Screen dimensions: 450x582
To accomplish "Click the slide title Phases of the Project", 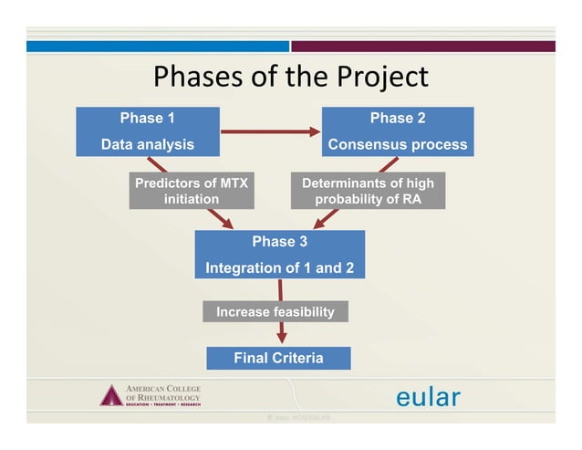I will click(x=290, y=77).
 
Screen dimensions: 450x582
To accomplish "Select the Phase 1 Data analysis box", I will click(x=147, y=131).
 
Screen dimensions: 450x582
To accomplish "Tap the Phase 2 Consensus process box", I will click(x=397, y=131).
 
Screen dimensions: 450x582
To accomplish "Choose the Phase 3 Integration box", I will click(x=279, y=255).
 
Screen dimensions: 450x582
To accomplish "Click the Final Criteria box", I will click(x=278, y=358).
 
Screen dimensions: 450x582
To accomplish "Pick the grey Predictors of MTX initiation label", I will click(x=191, y=191).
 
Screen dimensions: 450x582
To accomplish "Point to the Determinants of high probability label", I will click(x=368, y=191).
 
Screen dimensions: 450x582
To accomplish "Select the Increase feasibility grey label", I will click(x=275, y=312).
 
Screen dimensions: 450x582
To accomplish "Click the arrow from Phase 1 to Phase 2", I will click(x=270, y=131).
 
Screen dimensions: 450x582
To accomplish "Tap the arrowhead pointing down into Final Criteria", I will click(x=281, y=339).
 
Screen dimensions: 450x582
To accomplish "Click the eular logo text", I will click(x=428, y=397).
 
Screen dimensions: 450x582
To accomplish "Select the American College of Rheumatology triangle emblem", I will click(x=110, y=395).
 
